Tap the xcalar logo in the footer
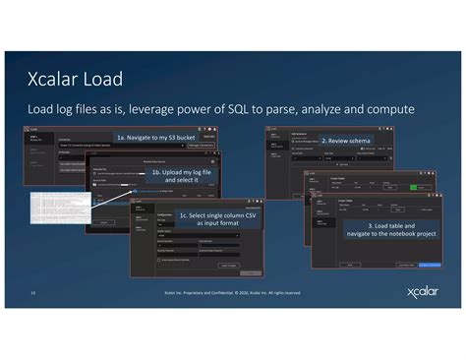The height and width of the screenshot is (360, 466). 424,292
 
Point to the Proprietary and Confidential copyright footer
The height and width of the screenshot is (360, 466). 232,292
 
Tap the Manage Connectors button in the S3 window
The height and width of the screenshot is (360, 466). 201,146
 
